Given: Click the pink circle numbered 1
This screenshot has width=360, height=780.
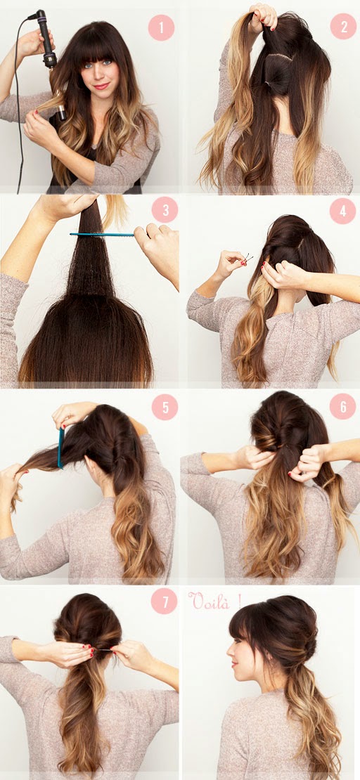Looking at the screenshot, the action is pyautogui.click(x=161, y=27).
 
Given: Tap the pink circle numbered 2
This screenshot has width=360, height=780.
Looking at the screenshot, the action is pyautogui.click(x=344, y=27).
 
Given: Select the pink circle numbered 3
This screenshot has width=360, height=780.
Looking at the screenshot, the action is pyautogui.click(x=165, y=209).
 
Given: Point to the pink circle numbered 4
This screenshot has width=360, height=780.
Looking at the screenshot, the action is pyautogui.click(x=342, y=211).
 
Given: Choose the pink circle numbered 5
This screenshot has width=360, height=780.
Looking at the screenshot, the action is pyautogui.click(x=165, y=407).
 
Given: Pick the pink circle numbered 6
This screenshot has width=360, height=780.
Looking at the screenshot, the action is pyautogui.click(x=342, y=406).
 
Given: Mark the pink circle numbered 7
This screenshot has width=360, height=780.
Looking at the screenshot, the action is pyautogui.click(x=164, y=602).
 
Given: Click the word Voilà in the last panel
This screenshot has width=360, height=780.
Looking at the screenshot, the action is pyautogui.click(x=210, y=602).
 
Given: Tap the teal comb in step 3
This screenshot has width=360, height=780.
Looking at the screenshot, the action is pyautogui.click(x=102, y=234).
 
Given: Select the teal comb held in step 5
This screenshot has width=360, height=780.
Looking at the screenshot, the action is pyautogui.click(x=60, y=448).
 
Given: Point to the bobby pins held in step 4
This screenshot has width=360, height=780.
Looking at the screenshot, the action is pyautogui.click(x=247, y=258).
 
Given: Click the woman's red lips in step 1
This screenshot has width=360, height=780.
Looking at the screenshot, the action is pyautogui.click(x=101, y=86).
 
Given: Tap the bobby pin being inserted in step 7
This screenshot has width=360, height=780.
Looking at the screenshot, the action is pyautogui.click(x=103, y=650).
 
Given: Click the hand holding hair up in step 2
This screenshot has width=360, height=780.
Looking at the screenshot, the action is pyautogui.click(x=263, y=15).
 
